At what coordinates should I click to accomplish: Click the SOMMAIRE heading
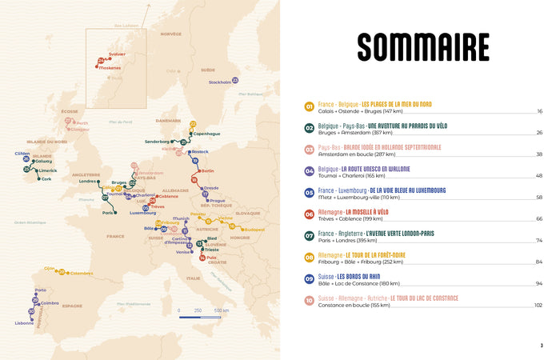[423, 47]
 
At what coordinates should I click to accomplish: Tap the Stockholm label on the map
[219, 82]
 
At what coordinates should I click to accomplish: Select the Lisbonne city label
[24, 323]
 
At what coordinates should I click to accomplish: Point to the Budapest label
[254, 230]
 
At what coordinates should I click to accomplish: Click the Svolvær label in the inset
[117, 54]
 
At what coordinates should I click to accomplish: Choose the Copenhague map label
[206, 134]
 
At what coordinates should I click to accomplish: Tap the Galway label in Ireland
[42, 160]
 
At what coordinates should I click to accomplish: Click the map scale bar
[199, 318]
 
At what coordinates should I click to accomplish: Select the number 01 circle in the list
[309, 106]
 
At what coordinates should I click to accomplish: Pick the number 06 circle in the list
[309, 214]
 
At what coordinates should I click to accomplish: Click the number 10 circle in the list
[309, 300]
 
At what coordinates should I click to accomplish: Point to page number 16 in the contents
[539, 111]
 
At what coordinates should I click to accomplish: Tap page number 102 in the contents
[538, 306]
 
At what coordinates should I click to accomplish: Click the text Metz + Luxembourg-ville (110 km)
[358, 198]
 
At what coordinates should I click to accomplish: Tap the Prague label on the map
[218, 200]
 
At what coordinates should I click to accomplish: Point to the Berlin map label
[207, 170]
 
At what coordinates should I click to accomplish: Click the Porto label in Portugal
[40, 290]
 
